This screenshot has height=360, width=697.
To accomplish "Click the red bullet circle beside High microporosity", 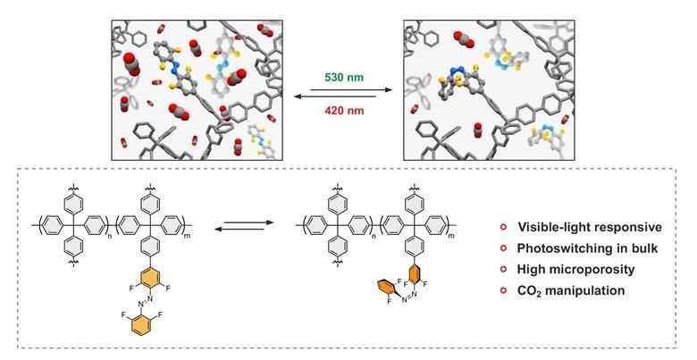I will point(503,268).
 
